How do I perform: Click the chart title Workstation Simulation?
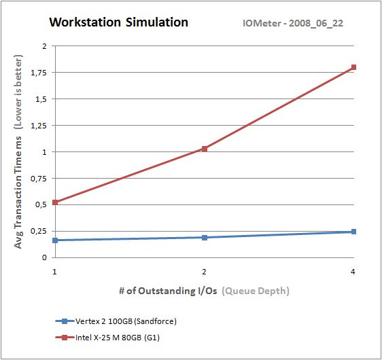[118, 22]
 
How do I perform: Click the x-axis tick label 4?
[353, 271]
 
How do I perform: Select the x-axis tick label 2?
[204, 271]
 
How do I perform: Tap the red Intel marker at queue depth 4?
[353, 67]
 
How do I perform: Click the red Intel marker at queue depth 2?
[204, 149]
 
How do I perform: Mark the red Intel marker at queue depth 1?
[54, 202]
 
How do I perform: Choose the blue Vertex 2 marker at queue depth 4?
[353, 232]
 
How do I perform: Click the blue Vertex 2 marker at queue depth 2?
[204, 237]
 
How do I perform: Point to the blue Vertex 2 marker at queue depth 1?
[54, 240]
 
